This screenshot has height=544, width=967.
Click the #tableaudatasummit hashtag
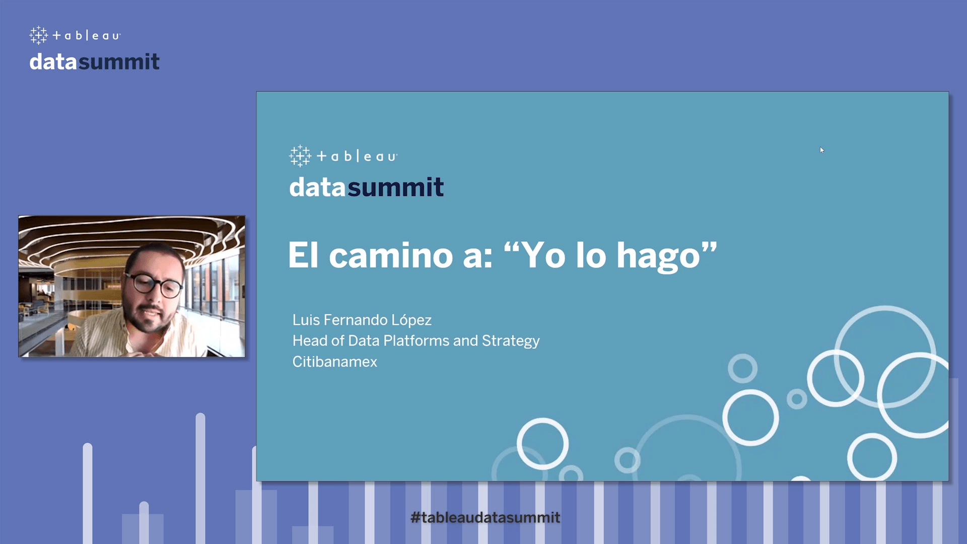(485, 517)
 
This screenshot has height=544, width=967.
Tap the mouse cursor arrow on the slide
(821, 150)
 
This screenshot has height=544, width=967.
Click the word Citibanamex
(334, 362)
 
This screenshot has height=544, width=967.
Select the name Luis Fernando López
(362, 320)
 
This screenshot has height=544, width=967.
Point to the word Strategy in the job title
(511, 342)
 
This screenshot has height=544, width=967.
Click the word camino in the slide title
(390, 255)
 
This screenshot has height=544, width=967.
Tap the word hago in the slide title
(658, 257)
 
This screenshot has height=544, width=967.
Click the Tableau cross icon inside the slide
(300, 156)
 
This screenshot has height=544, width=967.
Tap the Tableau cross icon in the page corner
(39, 35)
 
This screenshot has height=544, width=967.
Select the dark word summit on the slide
(395, 187)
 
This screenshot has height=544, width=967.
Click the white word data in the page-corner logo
(53, 62)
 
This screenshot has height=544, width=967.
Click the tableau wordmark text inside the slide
(357, 157)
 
